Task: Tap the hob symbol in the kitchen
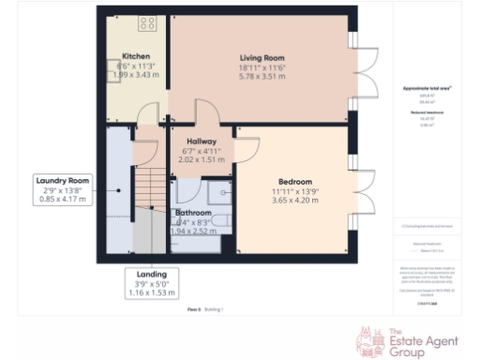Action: point(147,23)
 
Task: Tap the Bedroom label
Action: point(295,181)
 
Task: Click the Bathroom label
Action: point(194,213)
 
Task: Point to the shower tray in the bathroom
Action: point(218,192)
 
